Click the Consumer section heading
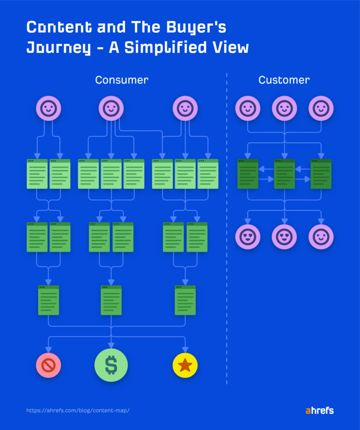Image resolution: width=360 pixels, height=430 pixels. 121,80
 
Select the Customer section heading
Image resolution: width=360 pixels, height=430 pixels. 284,80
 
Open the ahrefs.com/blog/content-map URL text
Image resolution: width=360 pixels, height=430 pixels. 78,410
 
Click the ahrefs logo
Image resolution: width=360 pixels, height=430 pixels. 320,410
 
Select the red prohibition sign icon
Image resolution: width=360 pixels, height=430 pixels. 49,365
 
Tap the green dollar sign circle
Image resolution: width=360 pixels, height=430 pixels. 111,365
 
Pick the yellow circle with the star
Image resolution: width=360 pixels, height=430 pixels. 185,365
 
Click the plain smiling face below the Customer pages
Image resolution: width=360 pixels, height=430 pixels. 321,237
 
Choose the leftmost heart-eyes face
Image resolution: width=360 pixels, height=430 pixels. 247,237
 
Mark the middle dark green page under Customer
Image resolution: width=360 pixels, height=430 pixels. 284,174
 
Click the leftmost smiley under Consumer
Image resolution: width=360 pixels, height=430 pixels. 49,109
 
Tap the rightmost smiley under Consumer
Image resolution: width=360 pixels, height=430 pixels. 185,109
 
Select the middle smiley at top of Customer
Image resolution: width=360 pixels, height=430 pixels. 284,109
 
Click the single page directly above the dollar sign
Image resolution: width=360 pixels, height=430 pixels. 111,300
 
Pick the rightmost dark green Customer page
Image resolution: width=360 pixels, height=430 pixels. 321,174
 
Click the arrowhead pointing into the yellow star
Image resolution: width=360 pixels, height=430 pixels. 185,350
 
